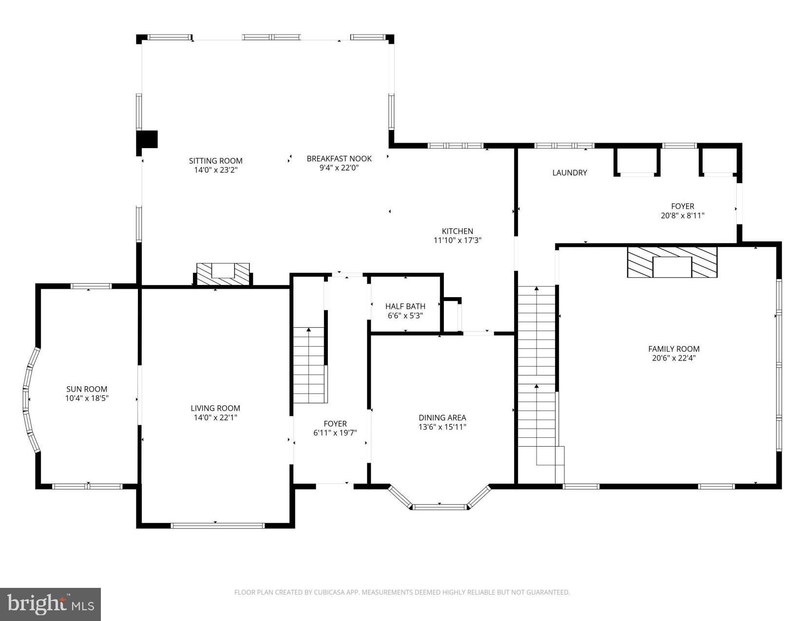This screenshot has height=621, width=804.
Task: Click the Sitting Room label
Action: point(215,161)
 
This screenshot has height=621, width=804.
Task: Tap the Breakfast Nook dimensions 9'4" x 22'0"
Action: point(339,168)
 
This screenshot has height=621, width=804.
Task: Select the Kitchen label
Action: point(457,231)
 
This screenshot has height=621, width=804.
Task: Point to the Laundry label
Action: point(569,172)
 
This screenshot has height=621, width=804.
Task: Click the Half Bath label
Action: point(405,306)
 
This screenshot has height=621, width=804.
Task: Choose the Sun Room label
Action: point(87,389)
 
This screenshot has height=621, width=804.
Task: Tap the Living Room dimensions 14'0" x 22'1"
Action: point(215,418)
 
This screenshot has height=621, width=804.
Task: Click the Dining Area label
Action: point(442,417)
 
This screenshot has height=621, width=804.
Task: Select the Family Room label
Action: point(673,349)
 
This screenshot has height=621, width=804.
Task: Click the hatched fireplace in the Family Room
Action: point(672,263)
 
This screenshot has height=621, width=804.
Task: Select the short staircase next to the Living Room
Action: point(308,365)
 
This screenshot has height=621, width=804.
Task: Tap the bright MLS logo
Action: point(50,604)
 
